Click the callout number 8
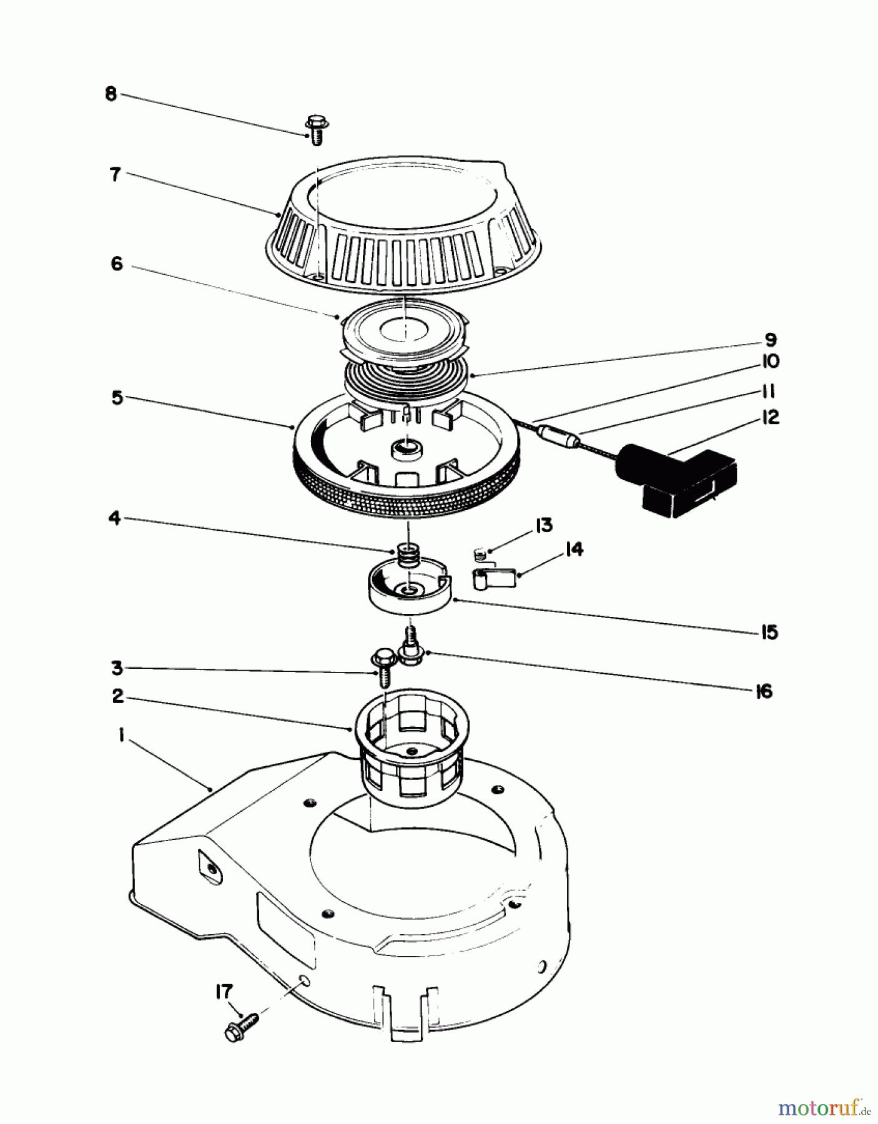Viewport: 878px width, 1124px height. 111,96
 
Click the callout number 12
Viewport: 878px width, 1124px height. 771,417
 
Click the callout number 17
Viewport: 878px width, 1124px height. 224,992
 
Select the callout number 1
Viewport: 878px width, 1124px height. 121,737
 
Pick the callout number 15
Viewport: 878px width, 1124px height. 769,632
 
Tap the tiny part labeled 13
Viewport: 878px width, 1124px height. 478,553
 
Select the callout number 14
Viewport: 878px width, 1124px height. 574,550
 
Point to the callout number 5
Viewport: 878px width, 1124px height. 117,398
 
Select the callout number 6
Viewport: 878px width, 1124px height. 117,264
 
